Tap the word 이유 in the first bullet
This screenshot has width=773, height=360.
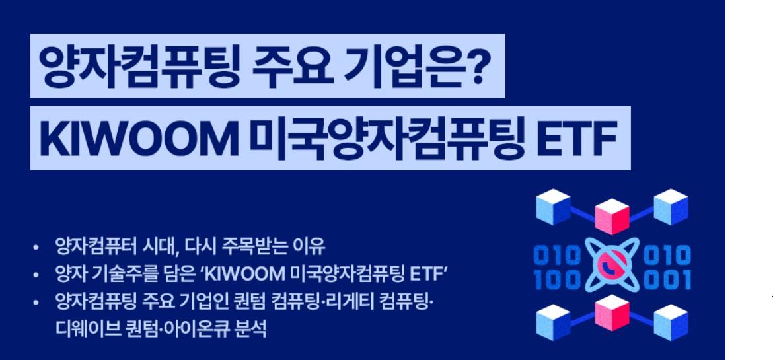pyautogui.click(x=311, y=248)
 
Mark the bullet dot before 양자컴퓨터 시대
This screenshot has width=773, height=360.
pyautogui.click(x=36, y=249)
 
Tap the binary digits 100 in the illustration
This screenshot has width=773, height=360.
pyautogui.click(x=556, y=279)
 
